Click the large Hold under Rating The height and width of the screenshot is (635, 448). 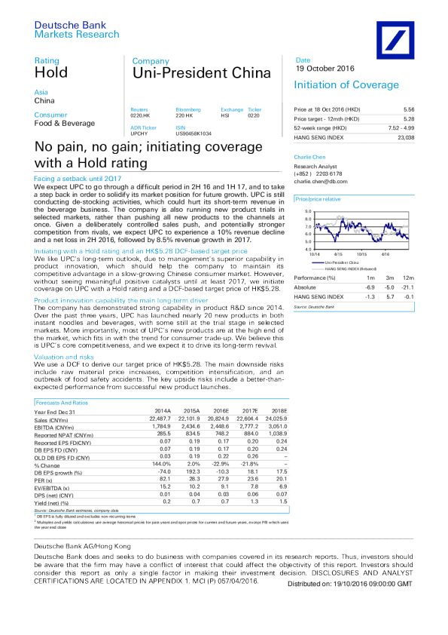51,73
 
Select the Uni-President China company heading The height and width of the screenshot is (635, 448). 200,73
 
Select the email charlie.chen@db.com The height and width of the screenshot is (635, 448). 321,181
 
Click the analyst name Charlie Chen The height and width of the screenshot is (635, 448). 309,158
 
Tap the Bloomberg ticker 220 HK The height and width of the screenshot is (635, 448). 184,115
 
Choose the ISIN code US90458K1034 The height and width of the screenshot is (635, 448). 195,133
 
